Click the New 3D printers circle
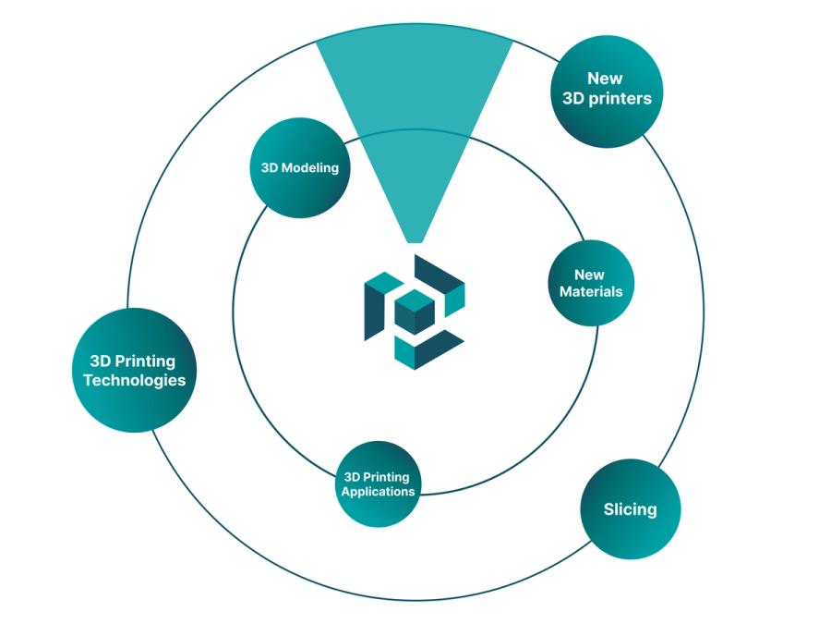[607, 90]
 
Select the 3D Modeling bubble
[299, 167]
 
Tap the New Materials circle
[591, 283]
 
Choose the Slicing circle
[630, 508]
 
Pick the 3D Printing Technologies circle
[134, 370]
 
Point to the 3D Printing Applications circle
[378, 483]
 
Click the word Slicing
[630, 508]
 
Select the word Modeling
[310, 168]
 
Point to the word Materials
[591, 291]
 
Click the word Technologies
[135, 380]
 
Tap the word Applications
[379, 491]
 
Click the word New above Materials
[590, 275]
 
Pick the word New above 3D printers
[605, 79]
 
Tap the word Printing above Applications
[388, 477]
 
